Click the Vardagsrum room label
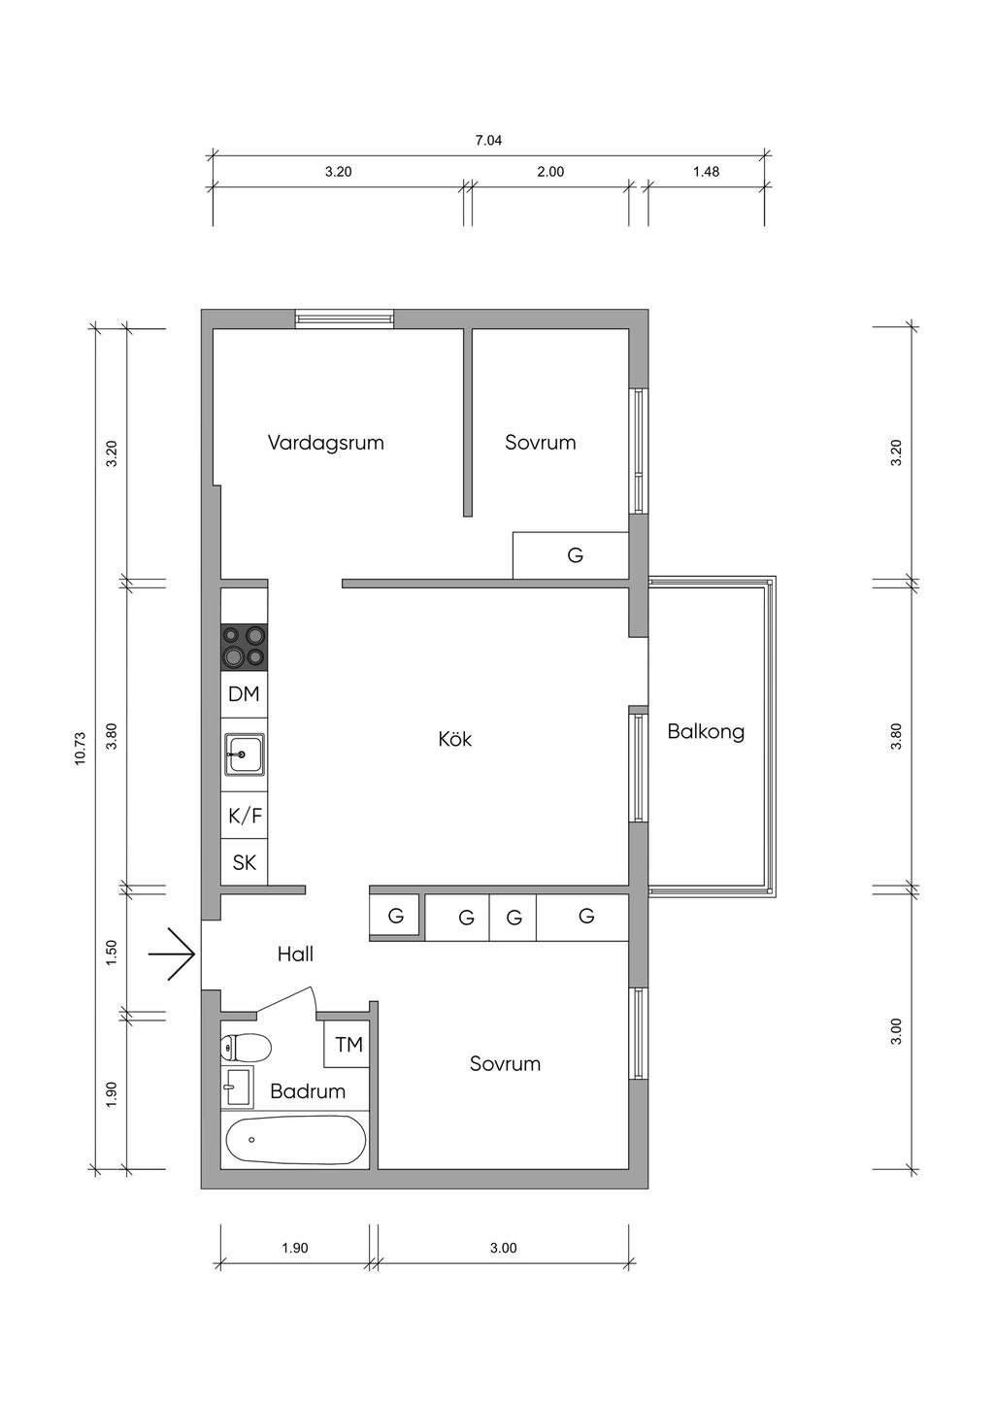click(326, 443)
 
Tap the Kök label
click(455, 739)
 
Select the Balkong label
click(706, 732)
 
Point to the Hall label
click(295, 954)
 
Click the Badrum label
click(308, 1091)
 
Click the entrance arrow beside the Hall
click(173, 954)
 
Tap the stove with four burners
click(244, 647)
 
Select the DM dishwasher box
click(244, 694)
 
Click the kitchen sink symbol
click(244, 754)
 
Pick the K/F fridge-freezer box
click(244, 816)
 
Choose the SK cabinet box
click(244, 862)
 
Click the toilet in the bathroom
click(246, 1047)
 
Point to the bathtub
click(295, 1139)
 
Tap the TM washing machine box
click(348, 1045)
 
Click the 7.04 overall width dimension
click(488, 140)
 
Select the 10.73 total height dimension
click(80, 749)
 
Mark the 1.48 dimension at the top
click(706, 171)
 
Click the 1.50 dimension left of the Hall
click(112, 954)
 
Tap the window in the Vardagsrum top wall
click(345, 318)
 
